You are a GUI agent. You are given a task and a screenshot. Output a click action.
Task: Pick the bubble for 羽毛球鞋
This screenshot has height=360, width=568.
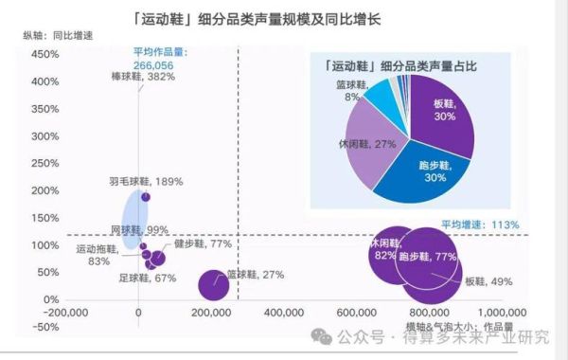(146, 197)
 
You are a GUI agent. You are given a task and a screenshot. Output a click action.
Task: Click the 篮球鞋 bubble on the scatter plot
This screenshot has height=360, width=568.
(214, 283)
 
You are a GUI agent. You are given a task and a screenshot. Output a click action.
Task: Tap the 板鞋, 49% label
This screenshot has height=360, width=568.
(488, 281)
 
